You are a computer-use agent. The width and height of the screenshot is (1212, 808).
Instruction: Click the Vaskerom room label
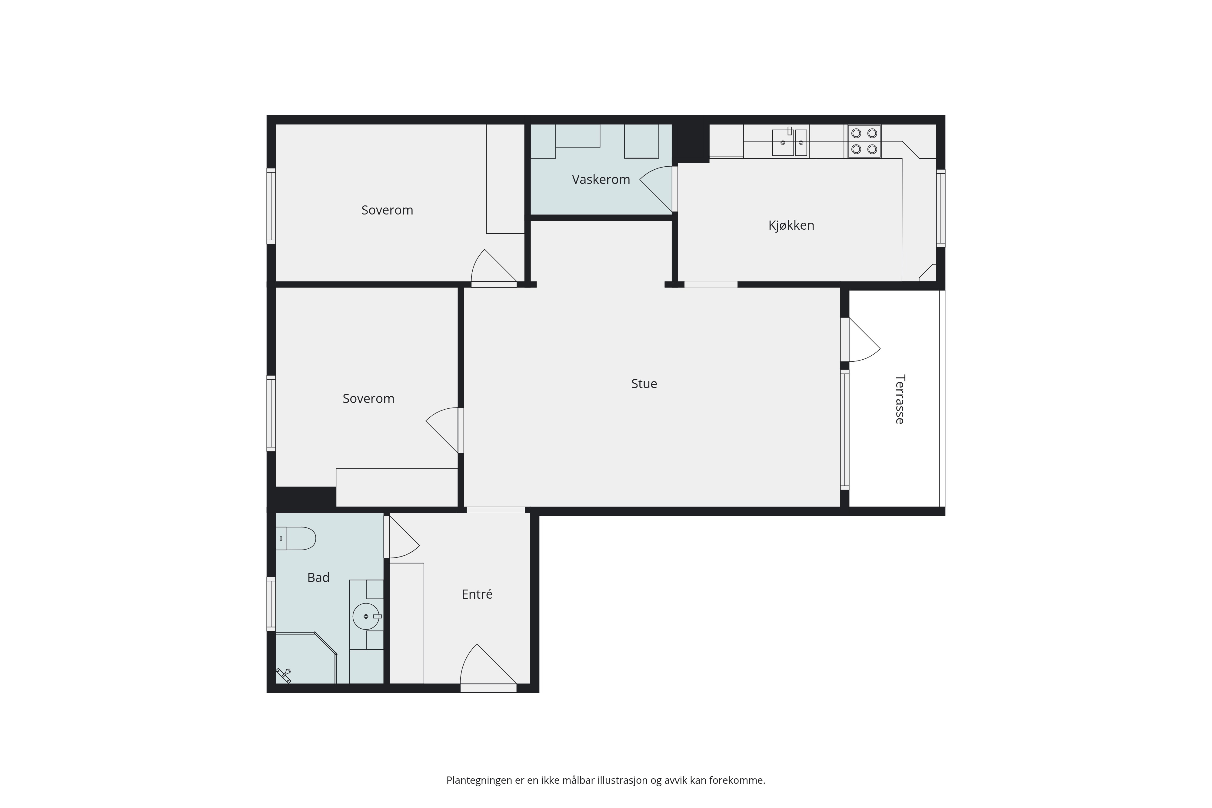coord(601,179)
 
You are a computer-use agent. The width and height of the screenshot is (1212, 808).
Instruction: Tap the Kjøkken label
coord(791,225)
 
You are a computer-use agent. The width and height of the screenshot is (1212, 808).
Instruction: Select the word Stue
coord(644,383)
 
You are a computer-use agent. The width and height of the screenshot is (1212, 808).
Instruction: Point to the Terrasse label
coord(900,399)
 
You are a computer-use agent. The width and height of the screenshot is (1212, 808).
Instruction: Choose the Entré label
coord(477,594)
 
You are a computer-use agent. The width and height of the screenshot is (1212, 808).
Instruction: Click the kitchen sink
coord(789,142)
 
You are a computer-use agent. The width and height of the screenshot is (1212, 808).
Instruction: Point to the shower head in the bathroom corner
coord(283,675)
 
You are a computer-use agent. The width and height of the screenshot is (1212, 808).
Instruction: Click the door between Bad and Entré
coord(404,537)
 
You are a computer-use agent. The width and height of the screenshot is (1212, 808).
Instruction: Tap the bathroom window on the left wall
coord(271,604)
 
